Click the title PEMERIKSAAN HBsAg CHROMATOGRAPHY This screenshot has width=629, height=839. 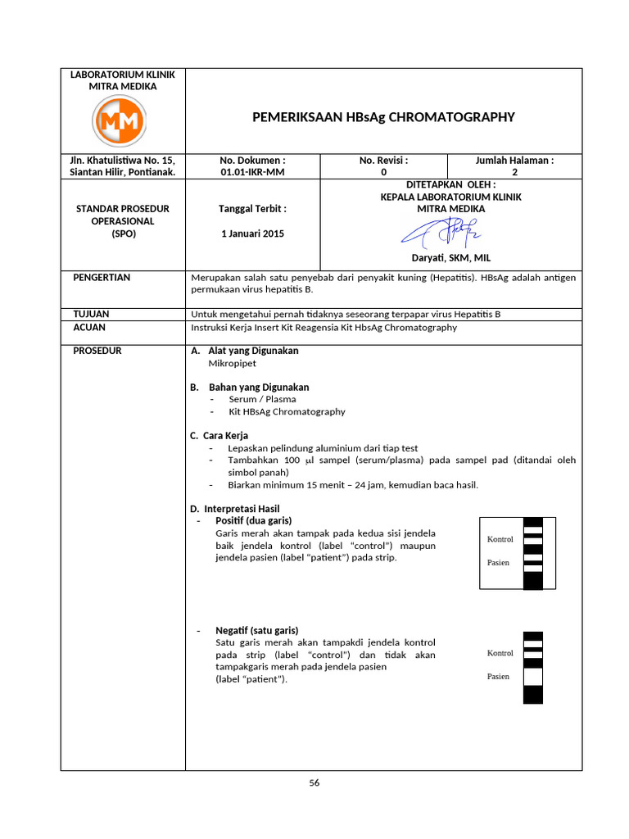(384, 117)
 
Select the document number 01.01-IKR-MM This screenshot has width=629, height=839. (253, 172)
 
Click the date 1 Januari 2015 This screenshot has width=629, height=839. (253, 234)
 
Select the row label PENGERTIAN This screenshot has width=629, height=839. (102, 278)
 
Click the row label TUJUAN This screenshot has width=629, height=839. (91, 314)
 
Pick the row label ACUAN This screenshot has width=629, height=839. (90, 327)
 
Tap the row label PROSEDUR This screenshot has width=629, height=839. (97, 351)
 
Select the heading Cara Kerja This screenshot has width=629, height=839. (227, 435)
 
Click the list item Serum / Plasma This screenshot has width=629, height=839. (262, 399)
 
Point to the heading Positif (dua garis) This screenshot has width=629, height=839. (253, 520)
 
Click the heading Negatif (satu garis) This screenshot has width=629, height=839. (256, 630)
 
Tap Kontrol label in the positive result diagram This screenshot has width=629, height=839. (500, 539)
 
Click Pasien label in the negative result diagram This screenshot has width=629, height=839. (498, 676)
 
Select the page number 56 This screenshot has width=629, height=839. (314, 782)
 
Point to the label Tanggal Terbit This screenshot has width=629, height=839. (253, 209)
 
